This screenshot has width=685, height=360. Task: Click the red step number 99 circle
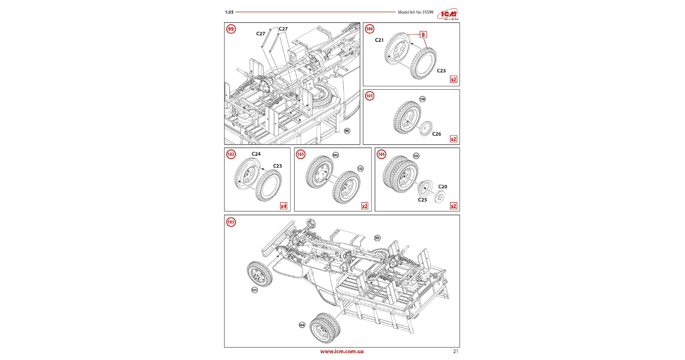[x=231, y=29]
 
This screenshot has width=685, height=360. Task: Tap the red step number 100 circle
[x=370, y=29]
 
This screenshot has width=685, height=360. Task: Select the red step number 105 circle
[x=231, y=222]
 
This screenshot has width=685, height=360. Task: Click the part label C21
[x=379, y=40]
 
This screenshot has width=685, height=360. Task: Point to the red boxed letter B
[x=423, y=35]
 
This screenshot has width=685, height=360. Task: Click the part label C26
[x=436, y=134]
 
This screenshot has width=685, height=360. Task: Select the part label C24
[x=256, y=154]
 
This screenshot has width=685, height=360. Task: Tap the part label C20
[x=443, y=187]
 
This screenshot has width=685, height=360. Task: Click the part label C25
[x=422, y=200]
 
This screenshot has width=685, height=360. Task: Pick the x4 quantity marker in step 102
[x=284, y=206]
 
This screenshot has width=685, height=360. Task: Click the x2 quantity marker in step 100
[x=454, y=80]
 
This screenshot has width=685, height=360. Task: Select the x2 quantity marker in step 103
[x=364, y=206]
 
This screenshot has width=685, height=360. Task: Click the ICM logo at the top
[x=448, y=14]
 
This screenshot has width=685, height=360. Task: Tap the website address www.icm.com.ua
[x=342, y=352]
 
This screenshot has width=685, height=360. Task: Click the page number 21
[x=455, y=351]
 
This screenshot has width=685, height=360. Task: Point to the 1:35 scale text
[x=229, y=12]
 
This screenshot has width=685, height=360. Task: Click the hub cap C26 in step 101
[x=426, y=128]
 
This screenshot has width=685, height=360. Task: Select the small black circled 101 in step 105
[x=255, y=290]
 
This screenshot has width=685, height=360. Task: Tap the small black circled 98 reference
[x=347, y=131]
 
